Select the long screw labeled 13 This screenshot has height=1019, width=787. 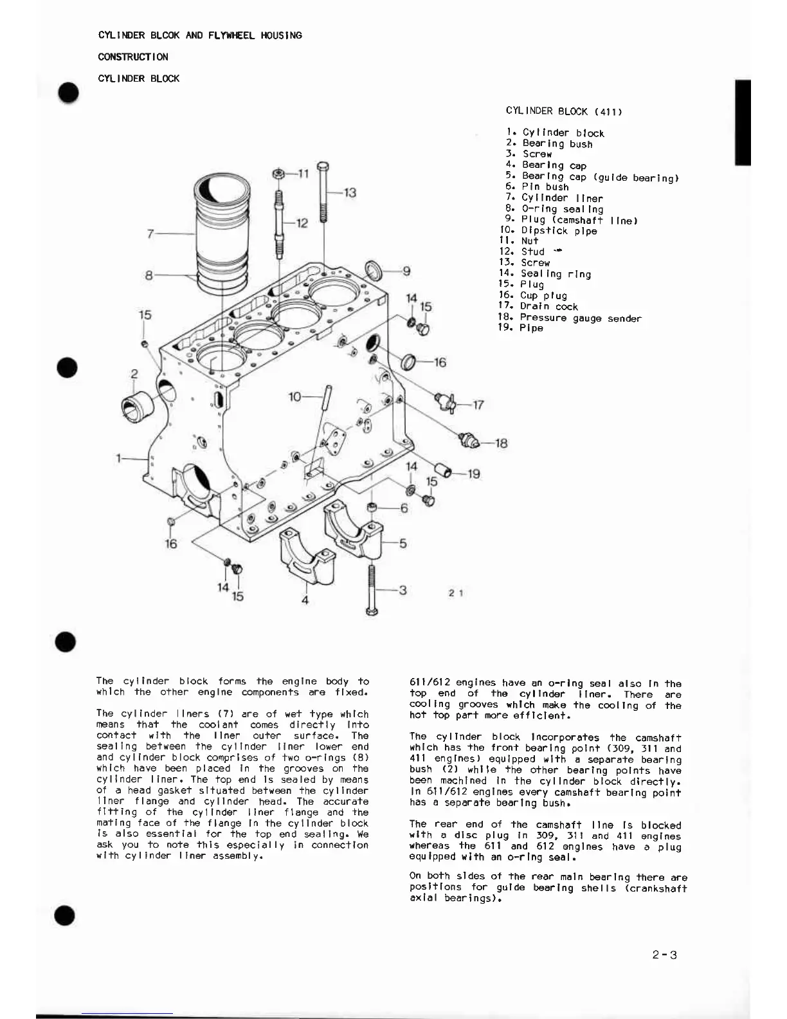(323, 193)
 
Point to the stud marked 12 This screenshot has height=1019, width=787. (279, 222)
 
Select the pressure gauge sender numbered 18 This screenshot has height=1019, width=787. (467, 440)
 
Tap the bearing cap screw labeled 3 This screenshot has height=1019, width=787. (372, 589)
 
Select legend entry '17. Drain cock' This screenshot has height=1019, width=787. (538, 307)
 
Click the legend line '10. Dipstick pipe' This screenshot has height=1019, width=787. (548, 231)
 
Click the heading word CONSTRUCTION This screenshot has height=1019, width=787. (133, 57)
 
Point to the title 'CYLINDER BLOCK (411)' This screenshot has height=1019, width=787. (563, 111)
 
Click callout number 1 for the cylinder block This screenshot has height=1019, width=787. (119, 458)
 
